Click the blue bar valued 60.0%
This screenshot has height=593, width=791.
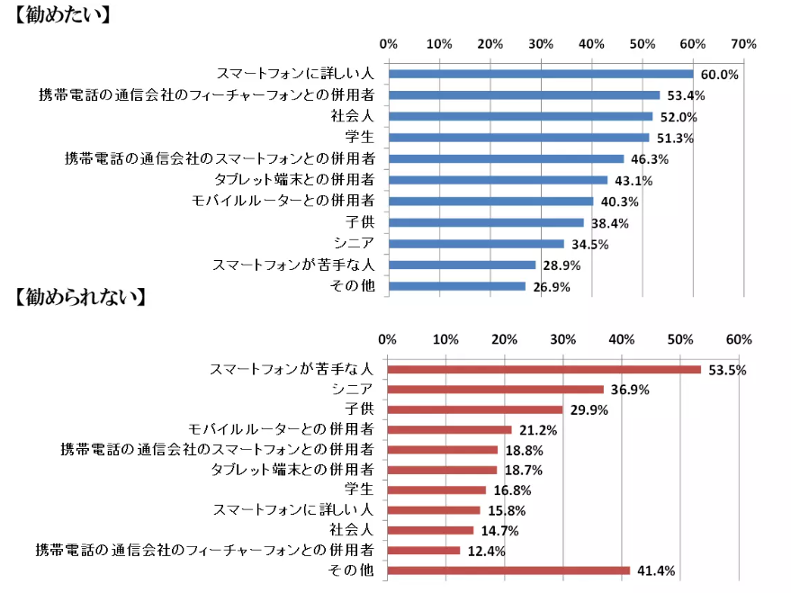(x=540, y=74)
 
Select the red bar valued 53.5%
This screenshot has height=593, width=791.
(x=544, y=369)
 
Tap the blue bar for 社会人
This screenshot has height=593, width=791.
(x=520, y=116)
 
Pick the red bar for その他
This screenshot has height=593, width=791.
(x=508, y=570)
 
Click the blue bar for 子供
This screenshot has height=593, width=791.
(x=486, y=222)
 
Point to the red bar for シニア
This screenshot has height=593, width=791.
(x=495, y=389)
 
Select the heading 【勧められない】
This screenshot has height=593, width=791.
(x=81, y=297)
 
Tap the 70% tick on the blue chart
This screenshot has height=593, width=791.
(x=744, y=43)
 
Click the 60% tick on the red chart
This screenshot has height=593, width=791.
(x=739, y=339)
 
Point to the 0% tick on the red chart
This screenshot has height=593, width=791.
(x=388, y=339)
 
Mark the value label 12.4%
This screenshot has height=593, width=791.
(x=486, y=551)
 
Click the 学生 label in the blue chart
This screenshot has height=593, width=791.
(x=360, y=138)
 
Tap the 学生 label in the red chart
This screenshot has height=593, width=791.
(x=360, y=490)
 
